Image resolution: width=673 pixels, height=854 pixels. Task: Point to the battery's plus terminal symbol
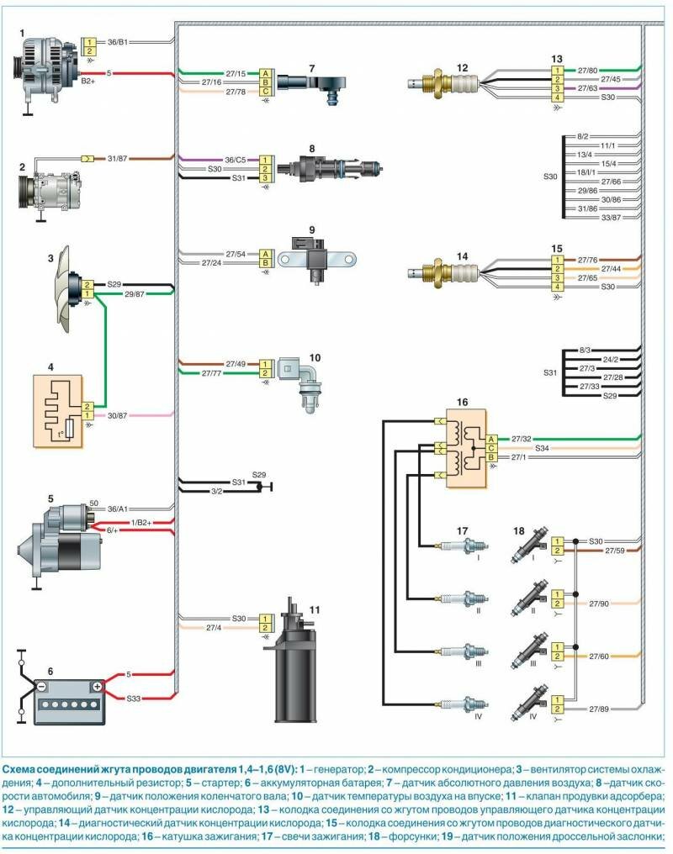[97, 686]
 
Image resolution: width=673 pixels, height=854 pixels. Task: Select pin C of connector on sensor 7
[265, 92]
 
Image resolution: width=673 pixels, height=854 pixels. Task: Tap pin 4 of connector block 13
[555, 98]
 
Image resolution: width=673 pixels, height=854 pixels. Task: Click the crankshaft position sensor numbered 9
[308, 253]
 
